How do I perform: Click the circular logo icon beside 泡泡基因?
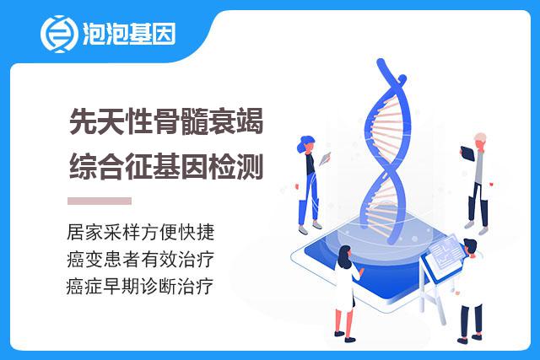(58, 34)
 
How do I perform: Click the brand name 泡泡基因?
(129, 34)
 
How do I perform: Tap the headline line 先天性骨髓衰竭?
(166, 121)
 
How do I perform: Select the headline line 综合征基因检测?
(166, 167)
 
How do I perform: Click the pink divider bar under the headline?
(100, 201)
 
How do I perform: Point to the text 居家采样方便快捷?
(141, 232)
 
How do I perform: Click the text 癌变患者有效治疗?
(141, 259)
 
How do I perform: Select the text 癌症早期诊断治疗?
(140, 287)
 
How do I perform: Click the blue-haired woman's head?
(306, 144)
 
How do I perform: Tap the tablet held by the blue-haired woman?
(325, 159)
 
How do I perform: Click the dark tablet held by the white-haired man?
(467, 153)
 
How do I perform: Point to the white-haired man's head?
(480, 141)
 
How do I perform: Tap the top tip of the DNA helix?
(381, 62)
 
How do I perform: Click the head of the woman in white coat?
(344, 256)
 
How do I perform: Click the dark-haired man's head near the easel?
(470, 247)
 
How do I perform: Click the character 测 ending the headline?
(251, 167)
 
